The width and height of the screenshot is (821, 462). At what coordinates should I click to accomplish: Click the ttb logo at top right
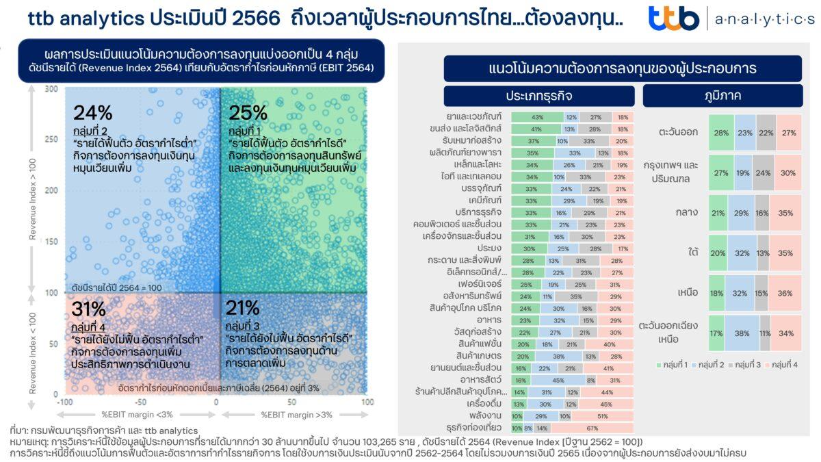tap(673, 18)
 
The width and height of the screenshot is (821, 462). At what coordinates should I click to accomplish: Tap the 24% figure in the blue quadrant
tap(93, 113)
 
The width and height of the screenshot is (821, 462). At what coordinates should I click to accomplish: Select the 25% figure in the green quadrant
tap(248, 113)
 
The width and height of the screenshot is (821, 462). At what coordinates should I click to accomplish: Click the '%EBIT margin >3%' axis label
tap(294, 415)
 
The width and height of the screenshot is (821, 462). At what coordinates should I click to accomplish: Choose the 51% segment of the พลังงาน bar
tap(602, 415)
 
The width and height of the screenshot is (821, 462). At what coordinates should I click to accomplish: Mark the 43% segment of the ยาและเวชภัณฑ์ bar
tap(537, 117)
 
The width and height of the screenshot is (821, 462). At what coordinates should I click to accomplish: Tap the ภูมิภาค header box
tap(722, 96)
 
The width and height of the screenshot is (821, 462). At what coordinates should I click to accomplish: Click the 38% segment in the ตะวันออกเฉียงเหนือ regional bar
tap(741, 333)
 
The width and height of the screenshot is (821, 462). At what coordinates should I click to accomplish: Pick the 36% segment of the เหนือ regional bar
tap(785, 292)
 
